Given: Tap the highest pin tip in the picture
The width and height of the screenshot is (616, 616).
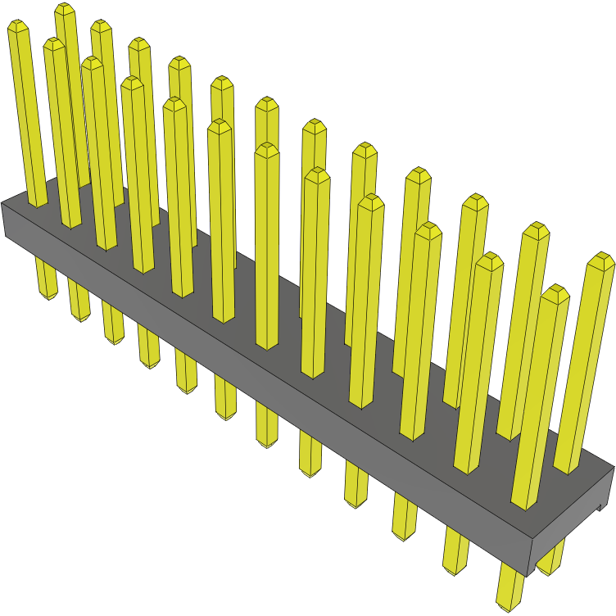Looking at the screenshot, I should tap(66, 9).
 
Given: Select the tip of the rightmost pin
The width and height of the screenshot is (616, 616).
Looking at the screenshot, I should tap(602, 261).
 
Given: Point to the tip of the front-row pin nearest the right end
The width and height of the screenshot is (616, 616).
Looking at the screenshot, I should tap(555, 293).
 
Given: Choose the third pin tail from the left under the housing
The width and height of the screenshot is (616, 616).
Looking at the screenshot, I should tap(113, 324).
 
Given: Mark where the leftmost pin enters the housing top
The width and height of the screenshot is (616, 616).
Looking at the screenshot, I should tap(38, 204).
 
